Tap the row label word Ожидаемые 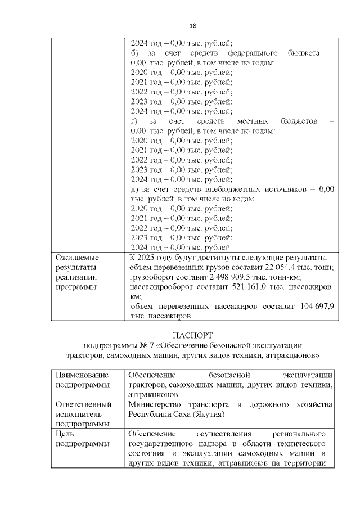coord(75,257)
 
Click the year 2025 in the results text coord(151,257)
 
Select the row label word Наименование coord(82,375)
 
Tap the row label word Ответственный coord(83,404)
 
